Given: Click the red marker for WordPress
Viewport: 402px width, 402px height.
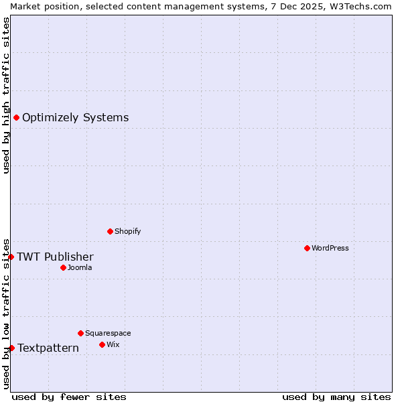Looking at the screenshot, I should click(307, 248).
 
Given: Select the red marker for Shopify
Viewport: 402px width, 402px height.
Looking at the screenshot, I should click(110, 231).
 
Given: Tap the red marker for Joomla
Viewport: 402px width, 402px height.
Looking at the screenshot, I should click(63, 267).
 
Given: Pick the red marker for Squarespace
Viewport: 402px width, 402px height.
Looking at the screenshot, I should click(80, 333).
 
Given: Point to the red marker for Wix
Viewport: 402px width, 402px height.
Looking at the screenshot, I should click(102, 344).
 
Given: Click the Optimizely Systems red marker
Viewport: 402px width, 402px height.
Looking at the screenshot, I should click(16, 118).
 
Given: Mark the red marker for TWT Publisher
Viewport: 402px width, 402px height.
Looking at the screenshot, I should click(11, 257).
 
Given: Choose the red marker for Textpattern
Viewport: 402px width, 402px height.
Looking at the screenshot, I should click(11, 348).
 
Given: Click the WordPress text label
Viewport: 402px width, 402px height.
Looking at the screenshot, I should click(330, 248).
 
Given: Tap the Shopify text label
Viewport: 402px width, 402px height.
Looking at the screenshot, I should click(127, 231).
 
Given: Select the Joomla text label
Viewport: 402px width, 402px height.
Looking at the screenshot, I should click(80, 267).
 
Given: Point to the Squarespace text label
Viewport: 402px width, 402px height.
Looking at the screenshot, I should click(108, 333).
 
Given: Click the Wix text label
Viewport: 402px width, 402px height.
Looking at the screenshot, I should click(113, 344).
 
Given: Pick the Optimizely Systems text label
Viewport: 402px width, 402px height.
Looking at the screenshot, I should click(75, 118).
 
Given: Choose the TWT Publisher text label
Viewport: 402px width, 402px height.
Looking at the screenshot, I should click(55, 257).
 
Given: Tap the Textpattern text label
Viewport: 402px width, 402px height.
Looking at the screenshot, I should click(48, 348).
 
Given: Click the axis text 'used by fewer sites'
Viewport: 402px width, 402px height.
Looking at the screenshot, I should click(69, 397).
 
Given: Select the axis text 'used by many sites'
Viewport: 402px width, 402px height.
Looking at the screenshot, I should click(336, 397).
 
